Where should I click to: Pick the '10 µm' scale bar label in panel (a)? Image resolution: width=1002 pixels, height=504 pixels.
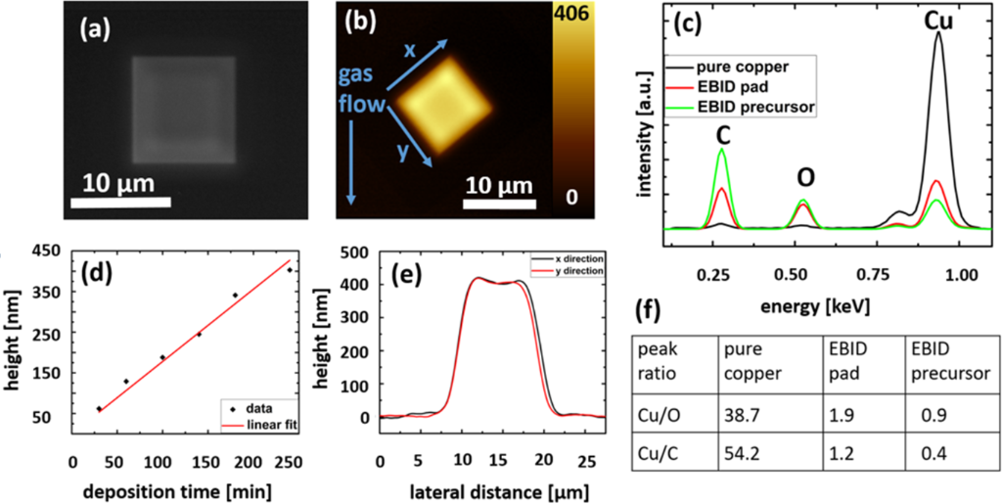(114, 183)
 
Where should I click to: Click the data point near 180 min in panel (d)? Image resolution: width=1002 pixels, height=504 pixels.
(235, 295)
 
